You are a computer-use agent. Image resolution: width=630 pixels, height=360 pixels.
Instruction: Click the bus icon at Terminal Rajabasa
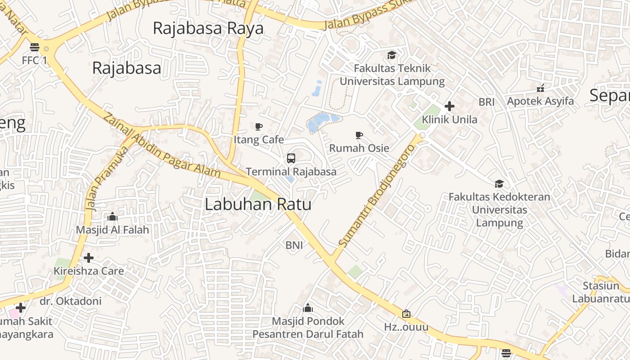click(x=291, y=158)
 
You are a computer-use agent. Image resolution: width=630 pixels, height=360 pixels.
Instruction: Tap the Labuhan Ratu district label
click(x=258, y=204)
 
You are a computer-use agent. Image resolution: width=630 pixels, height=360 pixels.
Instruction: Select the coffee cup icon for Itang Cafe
click(x=258, y=126)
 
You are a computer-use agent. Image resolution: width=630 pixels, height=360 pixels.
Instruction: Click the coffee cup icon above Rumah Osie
click(x=359, y=135)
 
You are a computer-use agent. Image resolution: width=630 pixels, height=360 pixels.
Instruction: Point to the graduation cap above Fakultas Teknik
click(x=391, y=55)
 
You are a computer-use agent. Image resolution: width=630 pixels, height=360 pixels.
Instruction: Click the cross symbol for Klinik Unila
click(x=449, y=107)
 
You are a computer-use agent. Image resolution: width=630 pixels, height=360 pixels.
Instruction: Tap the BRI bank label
click(x=486, y=102)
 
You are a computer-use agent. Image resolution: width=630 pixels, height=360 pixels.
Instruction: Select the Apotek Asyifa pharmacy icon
click(x=540, y=88)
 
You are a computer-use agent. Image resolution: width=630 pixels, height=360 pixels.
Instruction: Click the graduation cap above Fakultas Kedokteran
click(x=499, y=184)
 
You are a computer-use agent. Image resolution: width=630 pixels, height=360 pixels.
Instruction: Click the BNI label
click(x=294, y=245)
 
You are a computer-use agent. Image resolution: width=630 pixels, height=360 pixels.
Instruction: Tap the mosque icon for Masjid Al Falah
click(x=112, y=217)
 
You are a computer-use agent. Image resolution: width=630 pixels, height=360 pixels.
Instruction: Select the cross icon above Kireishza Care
click(x=89, y=258)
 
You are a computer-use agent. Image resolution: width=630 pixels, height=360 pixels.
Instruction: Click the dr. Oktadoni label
click(x=71, y=301)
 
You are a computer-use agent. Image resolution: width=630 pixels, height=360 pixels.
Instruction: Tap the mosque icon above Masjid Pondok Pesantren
click(x=308, y=308)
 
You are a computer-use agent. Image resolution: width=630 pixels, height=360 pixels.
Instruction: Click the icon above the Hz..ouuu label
click(x=406, y=314)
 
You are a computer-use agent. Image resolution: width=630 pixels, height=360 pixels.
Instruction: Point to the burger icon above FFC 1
click(x=35, y=47)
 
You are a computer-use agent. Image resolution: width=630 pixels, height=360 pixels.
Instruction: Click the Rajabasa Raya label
click(x=208, y=28)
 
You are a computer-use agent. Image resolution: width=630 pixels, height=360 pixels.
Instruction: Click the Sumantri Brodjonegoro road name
click(x=376, y=196)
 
